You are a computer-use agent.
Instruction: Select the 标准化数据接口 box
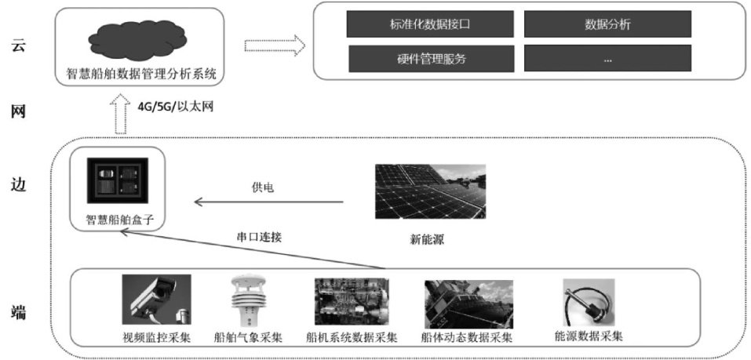429,24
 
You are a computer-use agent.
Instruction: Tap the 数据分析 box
607,24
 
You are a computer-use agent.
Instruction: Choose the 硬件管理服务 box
429,58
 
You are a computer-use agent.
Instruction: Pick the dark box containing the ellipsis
607,58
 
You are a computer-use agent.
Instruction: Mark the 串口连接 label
259,236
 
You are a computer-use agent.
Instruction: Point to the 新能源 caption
428,240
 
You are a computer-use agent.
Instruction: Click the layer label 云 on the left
19,46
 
